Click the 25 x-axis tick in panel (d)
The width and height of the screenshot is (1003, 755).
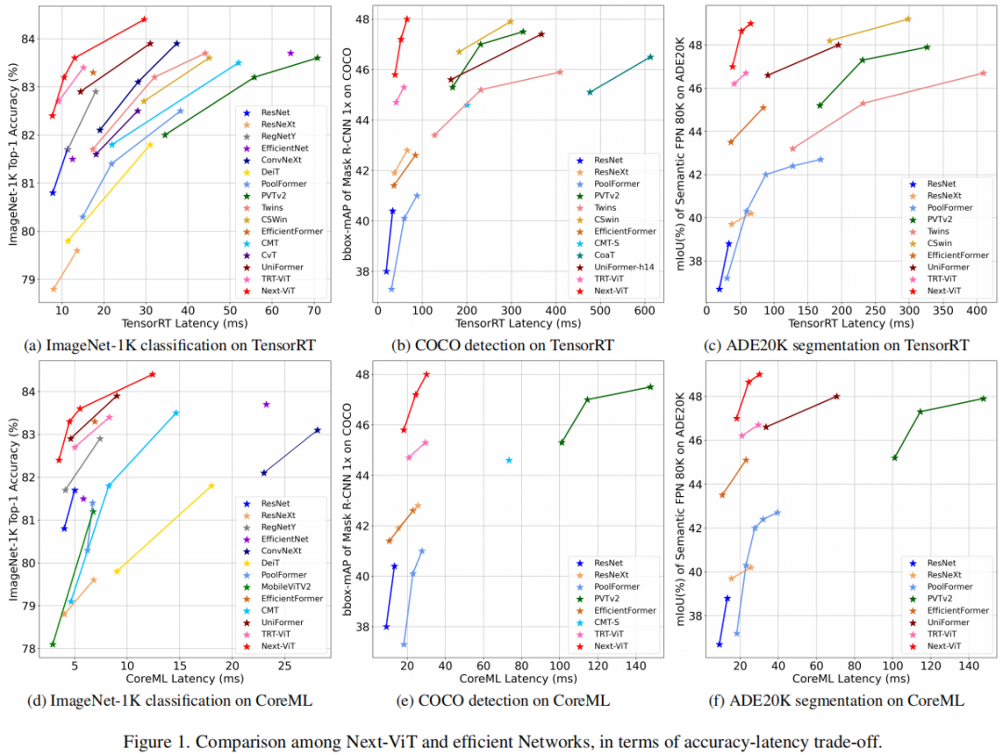coord(285,665)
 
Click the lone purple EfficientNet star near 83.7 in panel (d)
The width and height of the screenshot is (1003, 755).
coord(267,404)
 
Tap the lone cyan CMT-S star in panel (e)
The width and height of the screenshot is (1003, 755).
coord(509,460)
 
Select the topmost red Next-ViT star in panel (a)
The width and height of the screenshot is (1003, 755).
coord(144,19)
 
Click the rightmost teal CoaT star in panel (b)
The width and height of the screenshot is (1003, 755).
coord(650,57)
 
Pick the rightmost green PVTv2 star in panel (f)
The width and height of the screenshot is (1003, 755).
coord(983,398)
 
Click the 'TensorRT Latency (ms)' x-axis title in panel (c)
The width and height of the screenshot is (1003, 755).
coord(851,323)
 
